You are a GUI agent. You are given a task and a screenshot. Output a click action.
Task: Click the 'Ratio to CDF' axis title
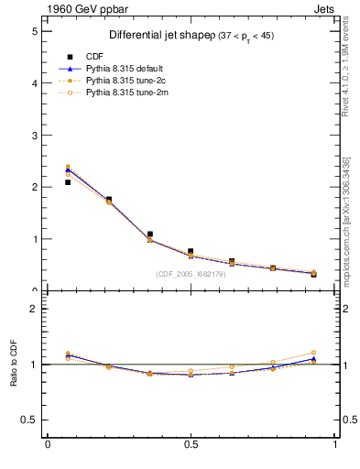[x=15, y=365]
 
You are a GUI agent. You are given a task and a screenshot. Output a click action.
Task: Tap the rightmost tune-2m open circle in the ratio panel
[x=313, y=353]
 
